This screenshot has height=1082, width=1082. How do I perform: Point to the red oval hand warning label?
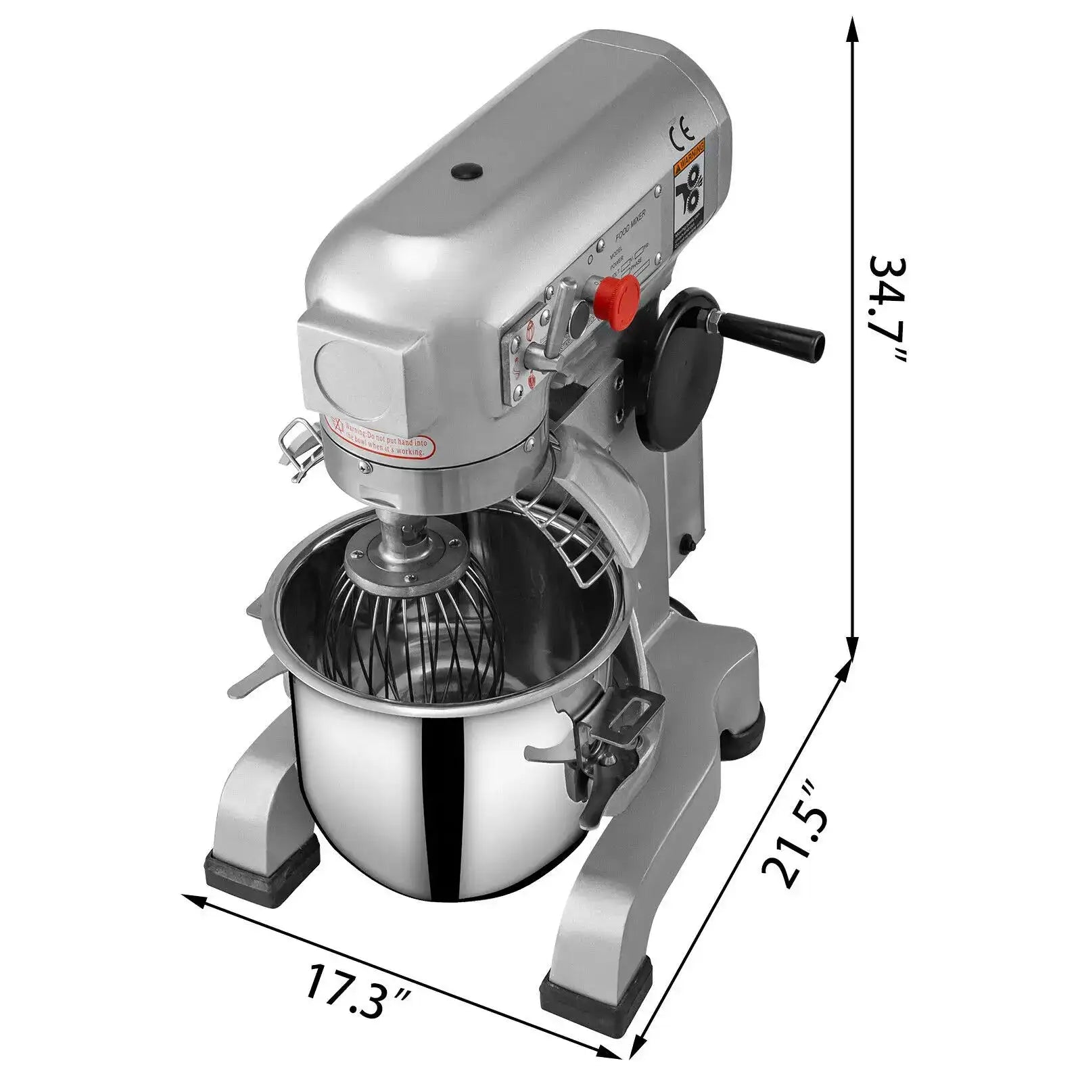click(381, 436)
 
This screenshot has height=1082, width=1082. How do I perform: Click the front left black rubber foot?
click(260, 868)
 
